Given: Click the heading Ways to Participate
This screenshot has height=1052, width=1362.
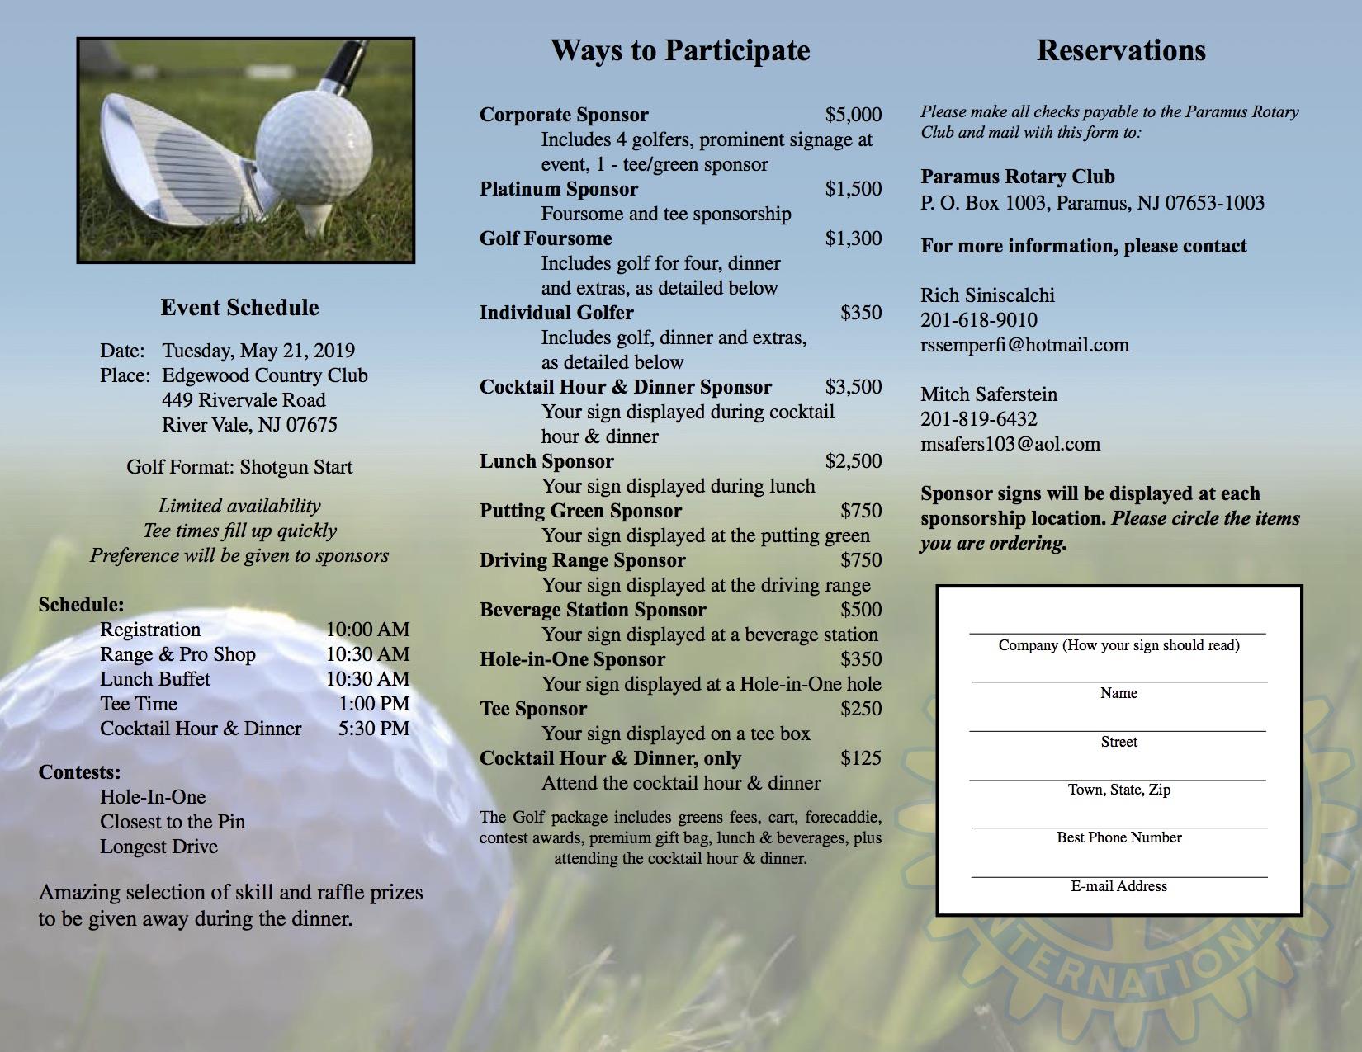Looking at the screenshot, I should tap(680, 50).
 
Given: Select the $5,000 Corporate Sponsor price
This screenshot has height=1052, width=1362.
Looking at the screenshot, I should tap(853, 115).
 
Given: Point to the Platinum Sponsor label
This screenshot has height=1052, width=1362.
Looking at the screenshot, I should tap(559, 189).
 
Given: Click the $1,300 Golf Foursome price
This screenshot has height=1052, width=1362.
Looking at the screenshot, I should tap(853, 238).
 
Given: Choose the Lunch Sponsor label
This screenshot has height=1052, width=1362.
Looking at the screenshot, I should tap(546, 461).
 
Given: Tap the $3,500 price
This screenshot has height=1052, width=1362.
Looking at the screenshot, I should tap(853, 387).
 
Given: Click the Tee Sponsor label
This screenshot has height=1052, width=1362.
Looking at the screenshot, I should tap(533, 709).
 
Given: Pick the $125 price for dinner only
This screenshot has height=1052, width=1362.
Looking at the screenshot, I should tap(860, 758).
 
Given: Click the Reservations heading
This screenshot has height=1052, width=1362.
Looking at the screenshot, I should tap(1121, 50).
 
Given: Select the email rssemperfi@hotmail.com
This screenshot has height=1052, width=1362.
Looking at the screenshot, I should tap(1024, 345).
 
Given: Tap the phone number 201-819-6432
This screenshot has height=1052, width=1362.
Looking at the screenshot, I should tap(979, 419).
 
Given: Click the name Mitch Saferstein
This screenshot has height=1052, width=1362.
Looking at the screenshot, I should tap(989, 394).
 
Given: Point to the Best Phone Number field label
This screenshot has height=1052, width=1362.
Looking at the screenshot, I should tap(1118, 837).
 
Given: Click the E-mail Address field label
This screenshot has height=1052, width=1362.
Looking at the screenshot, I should tap(1118, 886).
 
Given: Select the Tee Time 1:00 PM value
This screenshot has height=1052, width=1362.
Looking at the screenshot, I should tap(374, 704).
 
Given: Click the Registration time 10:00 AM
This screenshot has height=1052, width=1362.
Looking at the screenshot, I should tap(367, 630).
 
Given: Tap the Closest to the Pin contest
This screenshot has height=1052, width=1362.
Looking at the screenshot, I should tap(173, 822).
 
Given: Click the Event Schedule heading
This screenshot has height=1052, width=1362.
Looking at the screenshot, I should tap(239, 308).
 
